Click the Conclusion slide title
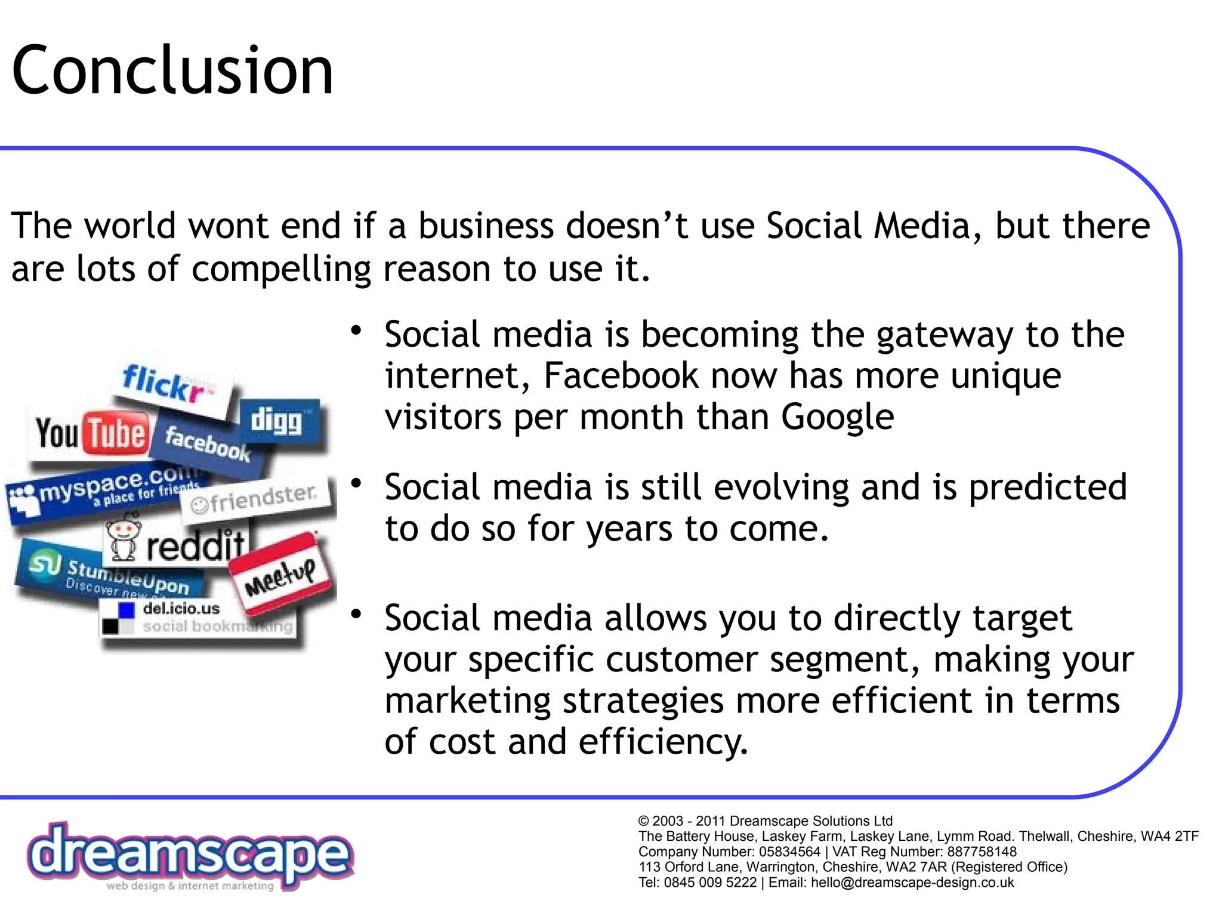(x=172, y=70)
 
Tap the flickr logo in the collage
(x=168, y=384)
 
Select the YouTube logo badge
(x=91, y=433)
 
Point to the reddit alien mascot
(x=124, y=540)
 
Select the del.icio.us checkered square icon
(x=118, y=618)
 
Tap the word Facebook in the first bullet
(x=621, y=376)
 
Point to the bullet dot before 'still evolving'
(x=356, y=483)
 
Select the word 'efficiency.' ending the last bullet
(x=662, y=742)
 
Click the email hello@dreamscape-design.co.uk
(x=912, y=883)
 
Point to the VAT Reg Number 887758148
(x=982, y=852)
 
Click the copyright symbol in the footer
(x=643, y=821)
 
